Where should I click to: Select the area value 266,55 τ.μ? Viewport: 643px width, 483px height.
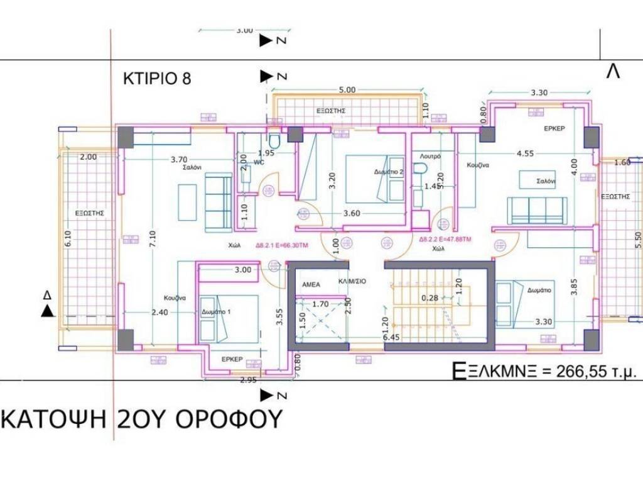tap(597, 371)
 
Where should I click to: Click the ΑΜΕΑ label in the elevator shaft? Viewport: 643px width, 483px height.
tap(312, 284)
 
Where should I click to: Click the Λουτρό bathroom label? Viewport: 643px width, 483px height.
tap(431, 156)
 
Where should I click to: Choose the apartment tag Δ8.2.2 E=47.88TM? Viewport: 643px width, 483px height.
tap(445, 239)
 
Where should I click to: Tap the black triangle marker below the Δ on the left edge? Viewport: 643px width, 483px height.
tap(47, 310)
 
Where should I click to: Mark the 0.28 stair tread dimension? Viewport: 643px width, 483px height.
tap(430, 299)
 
